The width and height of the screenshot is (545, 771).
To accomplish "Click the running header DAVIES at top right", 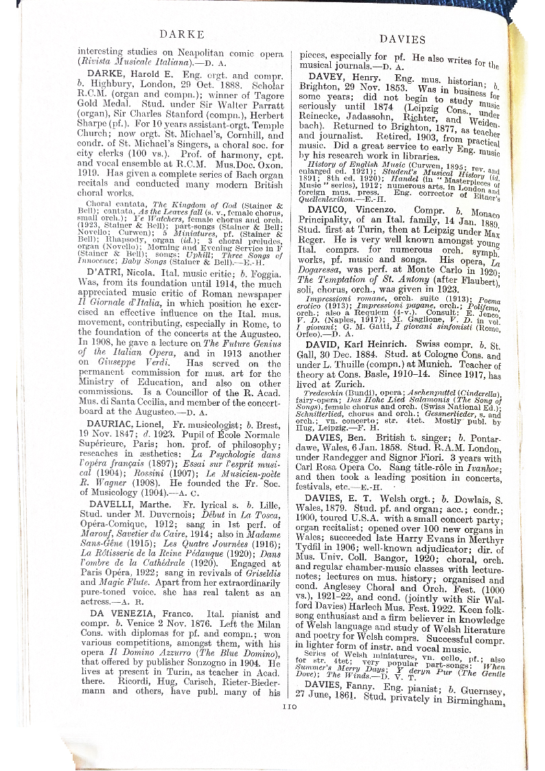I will coord(402,39).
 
